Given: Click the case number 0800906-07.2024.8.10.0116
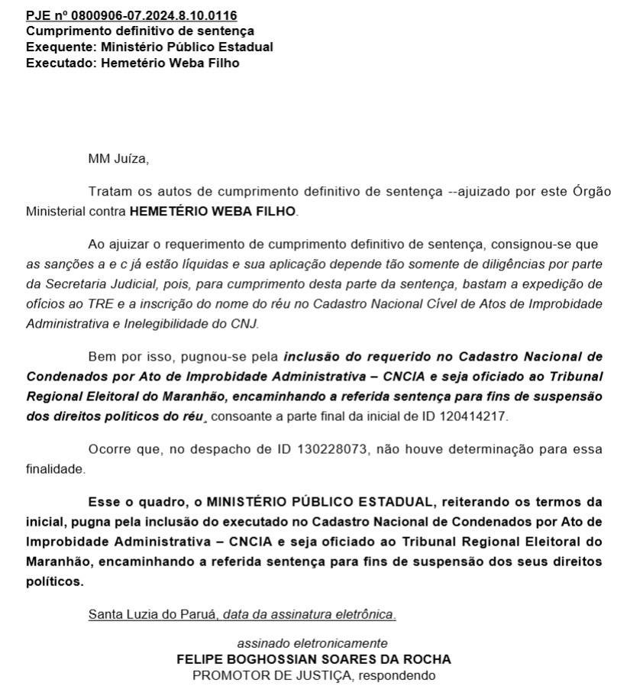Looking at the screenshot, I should [154, 15].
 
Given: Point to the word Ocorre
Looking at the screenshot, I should [109, 449].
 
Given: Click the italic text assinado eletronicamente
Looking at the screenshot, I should [312, 643].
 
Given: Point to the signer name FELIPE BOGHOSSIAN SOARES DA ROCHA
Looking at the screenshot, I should [313, 659].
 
